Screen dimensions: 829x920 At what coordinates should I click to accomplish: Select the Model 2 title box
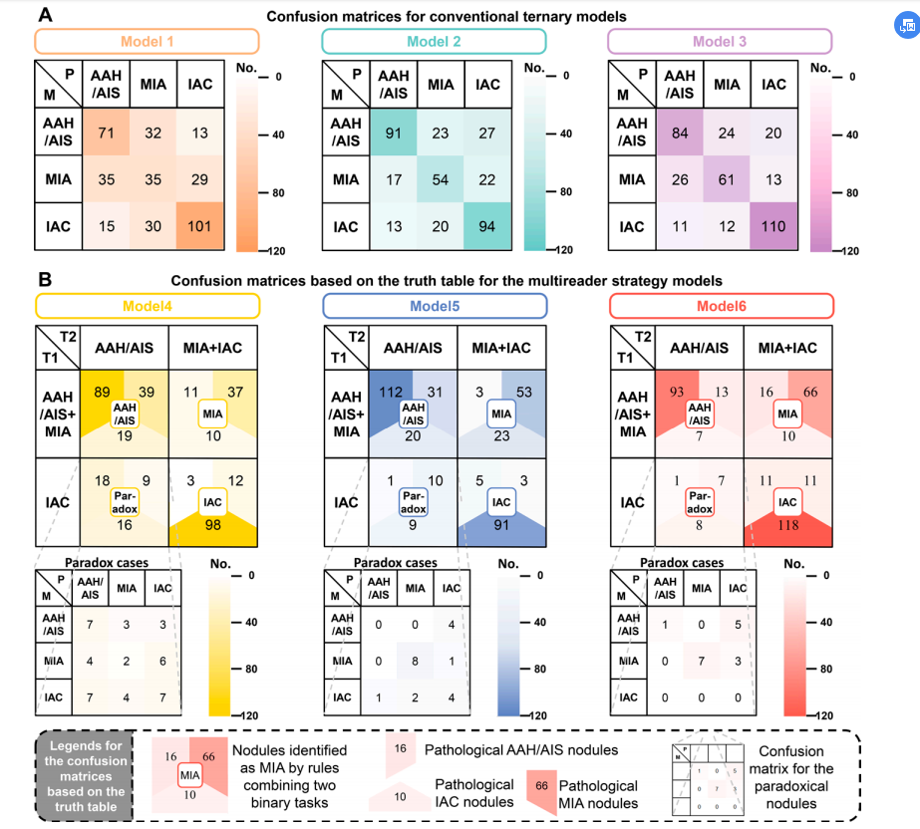pos(435,42)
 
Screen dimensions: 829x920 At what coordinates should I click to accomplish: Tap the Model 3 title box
pos(719,42)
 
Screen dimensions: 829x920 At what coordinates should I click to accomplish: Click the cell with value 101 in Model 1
pos(201,226)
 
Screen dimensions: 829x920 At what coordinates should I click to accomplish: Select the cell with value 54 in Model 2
pos(441,180)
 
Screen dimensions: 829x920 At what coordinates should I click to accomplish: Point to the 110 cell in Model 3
pos(773,226)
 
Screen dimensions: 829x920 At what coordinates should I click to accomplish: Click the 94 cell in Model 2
pos(487,226)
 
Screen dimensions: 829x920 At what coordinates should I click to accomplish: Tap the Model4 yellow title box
pos(147,304)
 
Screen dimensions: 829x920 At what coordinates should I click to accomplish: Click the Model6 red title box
pos(719,304)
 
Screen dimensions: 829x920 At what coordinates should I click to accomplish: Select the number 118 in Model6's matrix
pos(787,525)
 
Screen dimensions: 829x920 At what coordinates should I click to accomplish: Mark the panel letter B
pos(46,281)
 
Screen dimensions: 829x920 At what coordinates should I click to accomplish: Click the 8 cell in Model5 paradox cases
pos(415,660)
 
